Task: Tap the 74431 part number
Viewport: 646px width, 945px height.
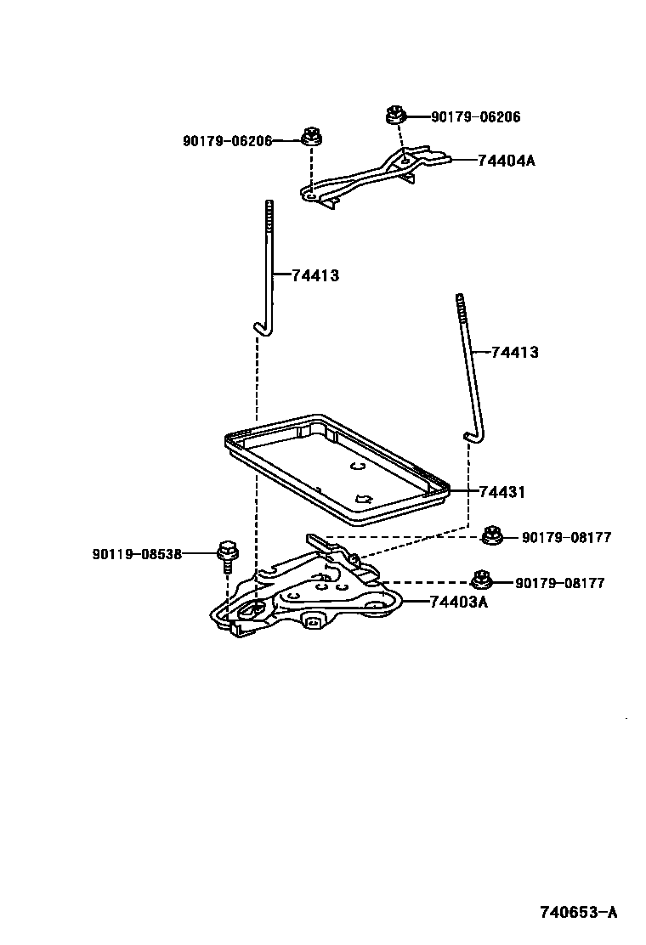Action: pyautogui.click(x=501, y=491)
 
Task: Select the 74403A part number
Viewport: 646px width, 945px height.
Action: pyautogui.click(x=458, y=602)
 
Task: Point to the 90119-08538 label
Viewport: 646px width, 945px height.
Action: pyautogui.click(x=137, y=554)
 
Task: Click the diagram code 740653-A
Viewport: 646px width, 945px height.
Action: pyautogui.click(x=577, y=913)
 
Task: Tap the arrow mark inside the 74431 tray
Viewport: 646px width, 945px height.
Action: pyautogui.click(x=365, y=499)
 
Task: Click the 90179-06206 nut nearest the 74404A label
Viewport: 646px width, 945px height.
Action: pyautogui.click(x=394, y=113)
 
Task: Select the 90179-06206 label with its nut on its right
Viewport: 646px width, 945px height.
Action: pyautogui.click(x=227, y=140)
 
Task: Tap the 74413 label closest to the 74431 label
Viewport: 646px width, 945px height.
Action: pyautogui.click(x=514, y=352)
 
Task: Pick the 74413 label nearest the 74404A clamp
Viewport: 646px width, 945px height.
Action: pyautogui.click(x=315, y=274)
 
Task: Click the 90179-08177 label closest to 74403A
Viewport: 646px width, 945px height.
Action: pyautogui.click(x=559, y=583)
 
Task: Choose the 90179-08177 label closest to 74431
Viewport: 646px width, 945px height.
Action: pyautogui.click(x=566, y=537)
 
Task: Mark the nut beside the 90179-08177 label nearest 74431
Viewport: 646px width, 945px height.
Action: pyautogui.click(x=490, y=535)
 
